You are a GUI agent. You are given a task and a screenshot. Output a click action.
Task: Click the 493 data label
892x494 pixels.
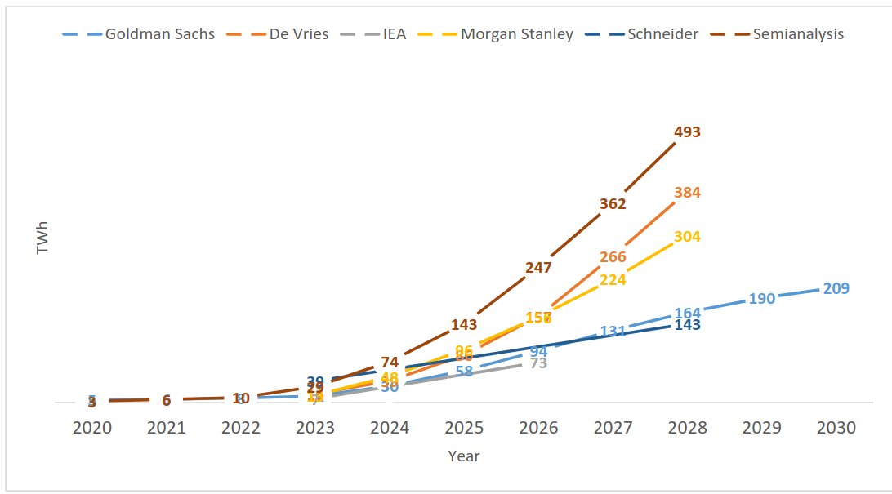[687, 132]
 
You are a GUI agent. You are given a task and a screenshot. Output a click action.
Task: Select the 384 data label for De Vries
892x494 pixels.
[687, 193]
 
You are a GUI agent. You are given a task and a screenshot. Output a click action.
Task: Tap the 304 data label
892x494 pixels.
[687, 237]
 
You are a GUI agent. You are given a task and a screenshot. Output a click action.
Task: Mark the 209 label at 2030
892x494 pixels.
[836, 288]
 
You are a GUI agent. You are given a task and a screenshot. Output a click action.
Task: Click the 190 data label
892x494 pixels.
[761, 299]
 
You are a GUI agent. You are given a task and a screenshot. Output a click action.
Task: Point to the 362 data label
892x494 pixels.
[613, 204]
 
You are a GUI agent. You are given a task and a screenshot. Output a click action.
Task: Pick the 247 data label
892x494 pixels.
[538, 267]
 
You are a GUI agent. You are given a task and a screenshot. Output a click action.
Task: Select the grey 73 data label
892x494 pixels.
[538, 363]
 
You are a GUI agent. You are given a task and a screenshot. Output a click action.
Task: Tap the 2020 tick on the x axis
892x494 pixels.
[92, 428]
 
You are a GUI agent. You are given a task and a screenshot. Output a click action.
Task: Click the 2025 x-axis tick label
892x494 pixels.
[464, 428]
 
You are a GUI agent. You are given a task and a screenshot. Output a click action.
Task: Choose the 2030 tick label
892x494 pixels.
[836, 428]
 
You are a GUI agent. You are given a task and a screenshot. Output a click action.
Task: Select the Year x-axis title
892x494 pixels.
[464, 456]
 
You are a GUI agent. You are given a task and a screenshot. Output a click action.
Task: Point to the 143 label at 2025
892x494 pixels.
[464, 325]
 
